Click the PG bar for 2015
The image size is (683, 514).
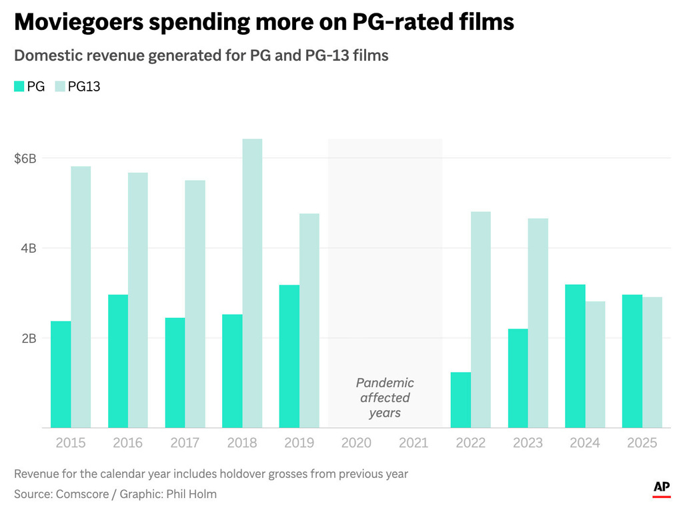[61, 374]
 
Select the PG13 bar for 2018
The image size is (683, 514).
[252, 283]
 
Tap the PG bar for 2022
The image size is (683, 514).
[461, 400]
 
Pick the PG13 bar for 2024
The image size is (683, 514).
[595, 365]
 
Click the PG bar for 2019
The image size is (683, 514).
[289, 356]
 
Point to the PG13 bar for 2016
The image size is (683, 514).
[138, 300]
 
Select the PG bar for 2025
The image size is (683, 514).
[632, 361]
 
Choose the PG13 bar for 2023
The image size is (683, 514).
[538, 323]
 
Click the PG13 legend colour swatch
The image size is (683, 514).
[60, 86]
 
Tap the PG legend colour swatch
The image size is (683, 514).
[19, 86]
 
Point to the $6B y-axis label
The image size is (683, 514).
[25, 159]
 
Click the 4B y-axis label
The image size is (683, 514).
[27, 248]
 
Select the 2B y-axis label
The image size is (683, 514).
[27, 338]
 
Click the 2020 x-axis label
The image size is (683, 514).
[356, 443]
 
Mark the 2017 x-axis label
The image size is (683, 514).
[185, 443]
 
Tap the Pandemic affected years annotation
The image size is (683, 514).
[385, 398]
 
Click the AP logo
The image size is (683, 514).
[661, 488]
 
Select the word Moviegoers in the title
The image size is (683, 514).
[79, 23]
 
